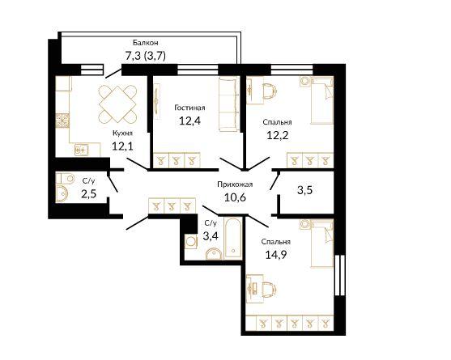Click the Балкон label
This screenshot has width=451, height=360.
coord(145,43)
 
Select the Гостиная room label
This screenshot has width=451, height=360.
coord(189,108)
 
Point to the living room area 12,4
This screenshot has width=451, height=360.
coord(189,121)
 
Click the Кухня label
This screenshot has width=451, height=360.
coord(122,133)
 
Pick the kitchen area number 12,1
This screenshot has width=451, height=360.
coord(122,146)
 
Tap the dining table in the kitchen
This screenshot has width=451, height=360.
coord(117,104)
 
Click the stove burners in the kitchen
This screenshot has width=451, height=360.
coord(62,121)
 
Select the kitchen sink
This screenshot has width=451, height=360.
coord(82,150)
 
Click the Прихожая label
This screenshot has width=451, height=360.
coord(235,184)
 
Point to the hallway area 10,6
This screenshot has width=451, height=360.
coord(235,197)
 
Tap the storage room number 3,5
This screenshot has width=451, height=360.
coord(305,190)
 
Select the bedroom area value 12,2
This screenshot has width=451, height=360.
coord(277,135)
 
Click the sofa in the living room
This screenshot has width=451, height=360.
coord(229,104)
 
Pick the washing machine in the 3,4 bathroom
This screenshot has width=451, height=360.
coord(190,241)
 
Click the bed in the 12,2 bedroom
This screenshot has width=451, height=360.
coord(322,102)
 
